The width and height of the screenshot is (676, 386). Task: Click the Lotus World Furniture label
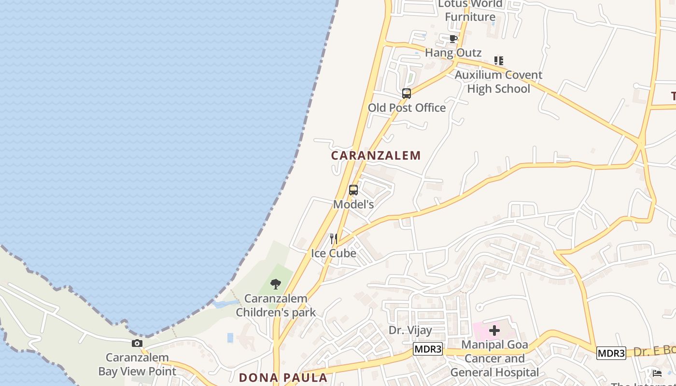[470, 11]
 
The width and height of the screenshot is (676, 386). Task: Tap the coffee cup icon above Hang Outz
[453, 39]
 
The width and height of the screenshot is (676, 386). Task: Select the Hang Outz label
[453, 53]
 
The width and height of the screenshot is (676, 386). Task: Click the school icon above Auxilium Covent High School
[499, 61]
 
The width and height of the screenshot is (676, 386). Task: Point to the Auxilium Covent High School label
[498, 82]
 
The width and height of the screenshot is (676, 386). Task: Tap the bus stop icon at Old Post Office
[407, 94]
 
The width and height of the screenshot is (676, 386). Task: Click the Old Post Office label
[407, 108]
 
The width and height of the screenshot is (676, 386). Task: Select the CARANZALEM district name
[376, 155]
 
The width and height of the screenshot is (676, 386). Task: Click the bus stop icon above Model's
[353, 190]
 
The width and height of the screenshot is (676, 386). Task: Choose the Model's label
[353, 204]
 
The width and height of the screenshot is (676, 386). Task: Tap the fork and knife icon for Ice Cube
[333, 239]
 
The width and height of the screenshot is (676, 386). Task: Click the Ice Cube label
[333, 253]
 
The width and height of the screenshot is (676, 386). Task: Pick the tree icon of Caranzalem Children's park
[276, 284]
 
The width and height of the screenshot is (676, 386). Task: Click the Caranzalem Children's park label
[276, 305]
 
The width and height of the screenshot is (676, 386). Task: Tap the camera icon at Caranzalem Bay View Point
[137, 344]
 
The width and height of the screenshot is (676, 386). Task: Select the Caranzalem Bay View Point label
[137, 364]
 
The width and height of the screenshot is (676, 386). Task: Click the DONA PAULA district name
[283, 377]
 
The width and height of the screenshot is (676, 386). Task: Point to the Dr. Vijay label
[410, 331]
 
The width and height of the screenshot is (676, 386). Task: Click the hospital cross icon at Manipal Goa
[494, 331]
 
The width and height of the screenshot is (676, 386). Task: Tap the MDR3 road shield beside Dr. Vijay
[427, 349]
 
